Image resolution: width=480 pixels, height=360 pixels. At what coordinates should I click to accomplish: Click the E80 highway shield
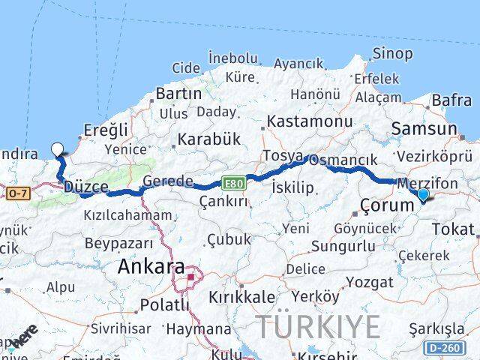[232, 182]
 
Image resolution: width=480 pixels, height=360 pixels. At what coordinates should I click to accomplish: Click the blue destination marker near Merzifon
[423, 195]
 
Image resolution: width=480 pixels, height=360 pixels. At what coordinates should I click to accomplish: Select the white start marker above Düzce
[58, 149]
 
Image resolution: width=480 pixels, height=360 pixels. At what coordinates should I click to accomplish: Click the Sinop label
[392, 53]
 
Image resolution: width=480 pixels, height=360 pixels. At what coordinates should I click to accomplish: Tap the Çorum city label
[382, 204]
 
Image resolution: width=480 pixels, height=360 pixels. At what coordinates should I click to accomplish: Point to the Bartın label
[178, 94]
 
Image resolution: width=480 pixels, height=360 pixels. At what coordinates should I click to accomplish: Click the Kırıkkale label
[241, 296]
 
